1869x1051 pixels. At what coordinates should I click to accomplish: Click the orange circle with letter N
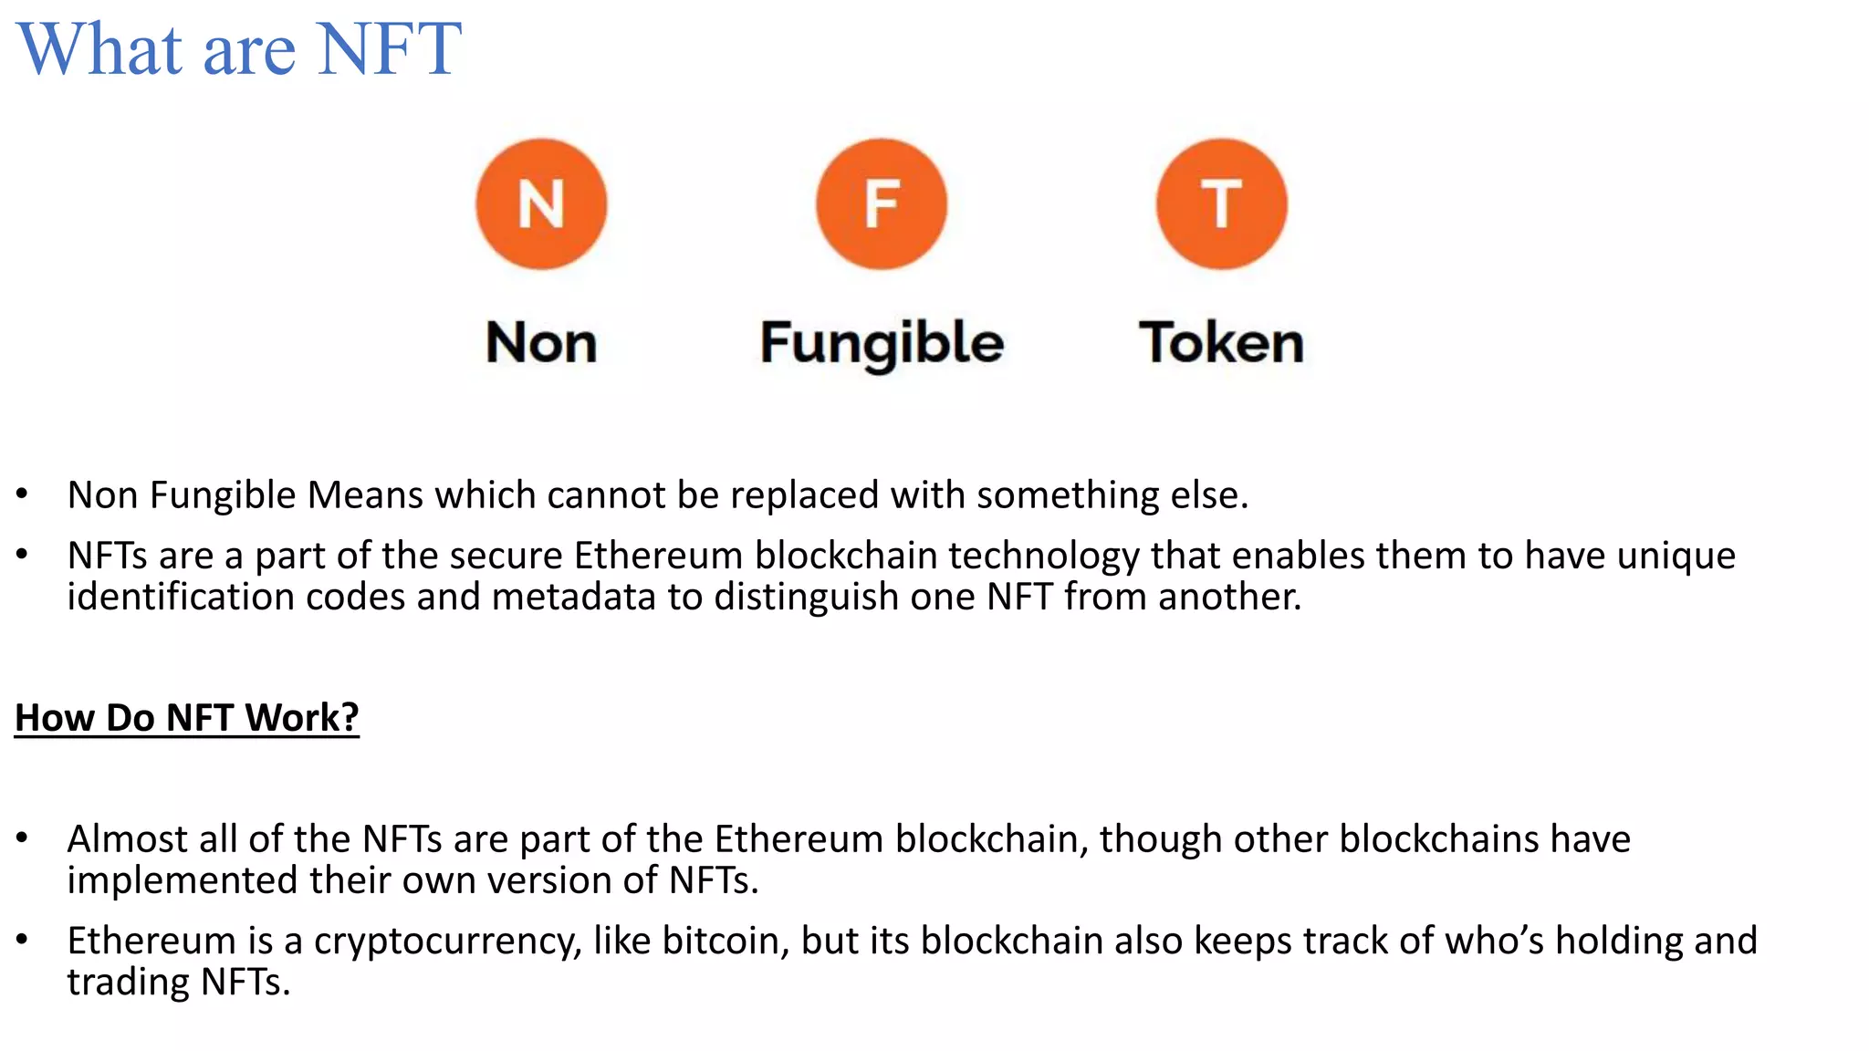[x=541, y=204]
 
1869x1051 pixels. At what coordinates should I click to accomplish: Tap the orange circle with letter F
[x=882, y=204]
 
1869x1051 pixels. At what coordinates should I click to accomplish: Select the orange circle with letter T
[x=1222, y=204]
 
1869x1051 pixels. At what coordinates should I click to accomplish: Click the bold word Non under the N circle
[x=541, y=343]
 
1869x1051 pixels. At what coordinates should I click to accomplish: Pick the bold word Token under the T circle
[x=1222, y=343]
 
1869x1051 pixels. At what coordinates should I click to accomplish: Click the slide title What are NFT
[x=239, y=49]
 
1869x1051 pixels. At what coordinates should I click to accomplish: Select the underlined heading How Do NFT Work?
[x=187, y=718]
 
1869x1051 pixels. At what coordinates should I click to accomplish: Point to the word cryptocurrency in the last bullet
[x=448, y=942]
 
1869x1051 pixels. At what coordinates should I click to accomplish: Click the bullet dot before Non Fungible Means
[x=22, y=494]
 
